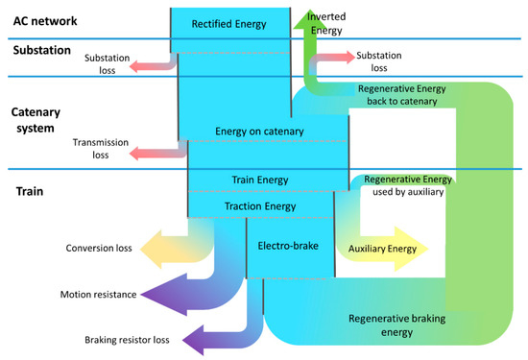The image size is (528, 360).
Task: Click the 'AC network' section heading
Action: pyautogui.click(x=43, y=19)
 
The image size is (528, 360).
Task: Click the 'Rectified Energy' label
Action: pyautogui.click(x=230, y=22)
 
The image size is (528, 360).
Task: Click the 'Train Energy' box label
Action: pyautogui.click(x=260, y=180)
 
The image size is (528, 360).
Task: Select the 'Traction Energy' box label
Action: pyautogui.click(x=260, y=205)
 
